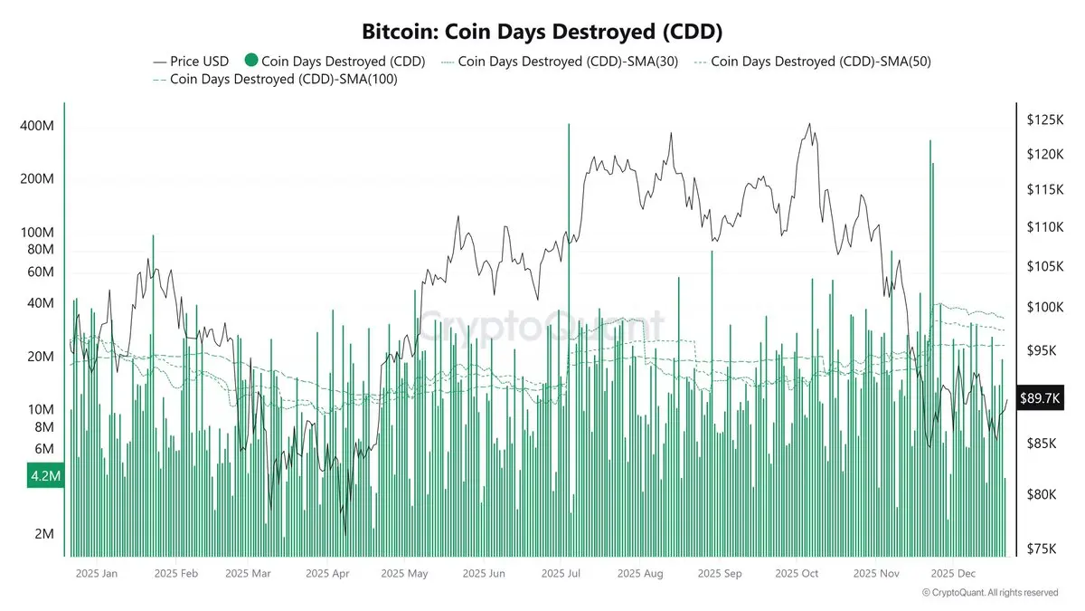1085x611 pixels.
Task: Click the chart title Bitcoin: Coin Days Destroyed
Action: (542, 32)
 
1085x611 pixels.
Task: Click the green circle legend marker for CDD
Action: (250, 62)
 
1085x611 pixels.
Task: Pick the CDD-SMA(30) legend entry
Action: (561, 62)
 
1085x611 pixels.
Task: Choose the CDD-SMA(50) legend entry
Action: (813, 62)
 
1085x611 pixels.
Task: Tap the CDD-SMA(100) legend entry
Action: (277, 80)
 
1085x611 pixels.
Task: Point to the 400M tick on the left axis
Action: (37, 127)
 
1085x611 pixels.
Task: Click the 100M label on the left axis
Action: (37, 233)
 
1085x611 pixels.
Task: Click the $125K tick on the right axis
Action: (1044, 119)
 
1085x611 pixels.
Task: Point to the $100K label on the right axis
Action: (1044, 308)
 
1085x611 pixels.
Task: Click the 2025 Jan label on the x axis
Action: (97, 573)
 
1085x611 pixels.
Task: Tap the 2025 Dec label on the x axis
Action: (954, 573)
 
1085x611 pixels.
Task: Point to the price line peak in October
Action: (809, 125)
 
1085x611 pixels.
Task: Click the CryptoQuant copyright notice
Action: (990, 593)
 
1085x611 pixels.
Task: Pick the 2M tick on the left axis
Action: (42, 534)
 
